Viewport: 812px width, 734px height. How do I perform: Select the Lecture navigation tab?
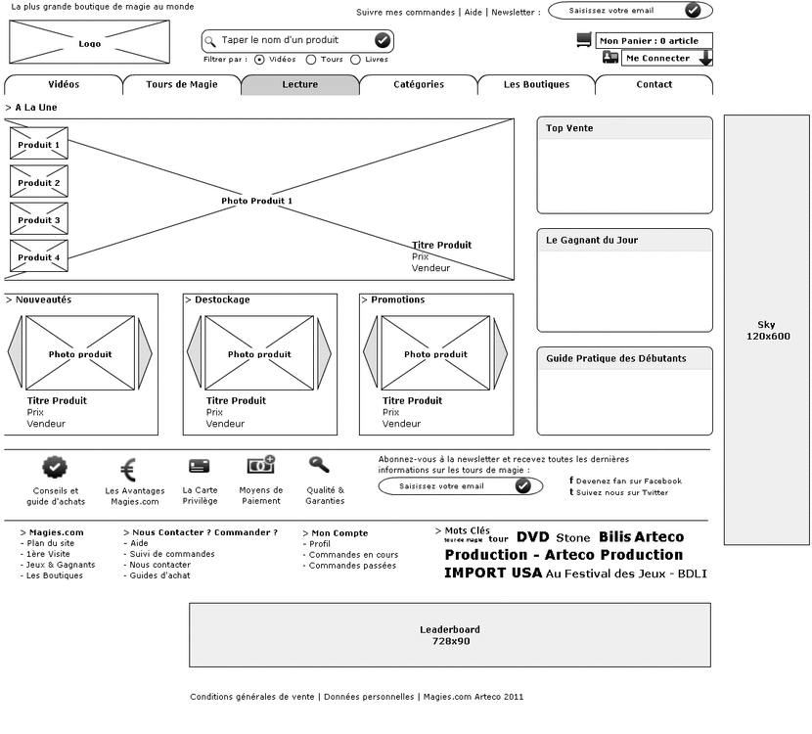[x=299, y=85]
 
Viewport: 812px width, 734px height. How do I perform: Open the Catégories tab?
[x=418, y=85]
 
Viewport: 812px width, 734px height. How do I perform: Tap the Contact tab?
[x=654, y=85]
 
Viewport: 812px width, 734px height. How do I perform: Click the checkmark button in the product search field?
[x=382, y=40]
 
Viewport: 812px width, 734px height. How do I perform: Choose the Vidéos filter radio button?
[x=259, y=60]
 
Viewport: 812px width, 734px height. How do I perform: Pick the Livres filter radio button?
[x=355, y=60]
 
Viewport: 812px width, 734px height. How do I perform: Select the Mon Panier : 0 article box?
[x=654, y=41]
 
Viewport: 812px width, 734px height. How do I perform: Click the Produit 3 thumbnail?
[x=39, y=220]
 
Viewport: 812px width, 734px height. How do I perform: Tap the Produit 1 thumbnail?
[x=39, y=145]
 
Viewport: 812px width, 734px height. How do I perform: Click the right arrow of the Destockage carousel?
[x=324, y=353]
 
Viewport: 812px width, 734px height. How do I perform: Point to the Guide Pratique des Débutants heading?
[x=615, y=358]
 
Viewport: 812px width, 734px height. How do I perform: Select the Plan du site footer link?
[x=51, y=543]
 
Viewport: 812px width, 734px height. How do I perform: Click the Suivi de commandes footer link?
[x=172, y=554]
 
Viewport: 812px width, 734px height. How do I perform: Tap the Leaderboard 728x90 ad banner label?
[x=450, y=635]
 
